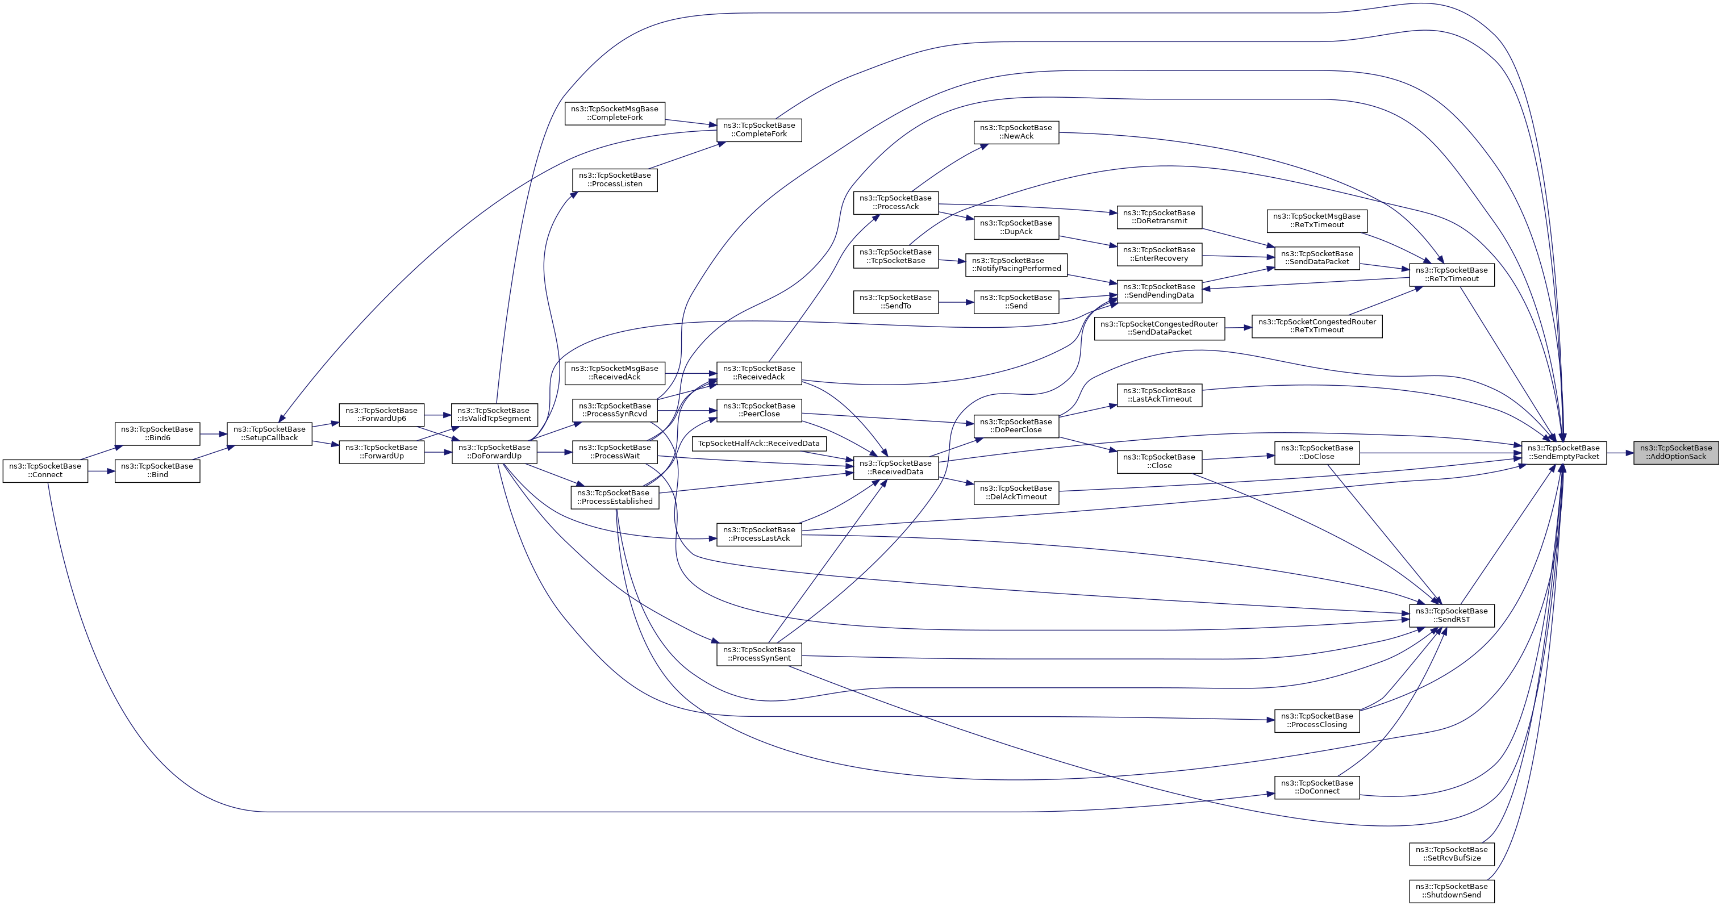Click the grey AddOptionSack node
pos(1675,452)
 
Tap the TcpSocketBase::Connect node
pos(45,470)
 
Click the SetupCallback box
pos(269,433)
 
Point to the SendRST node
pos(1451,615)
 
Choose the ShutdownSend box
pos(1451,891)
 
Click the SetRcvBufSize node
pos(1451,854)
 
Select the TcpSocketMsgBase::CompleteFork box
pos(614,113)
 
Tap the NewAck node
pos(1016,132)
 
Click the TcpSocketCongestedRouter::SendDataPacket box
pos(1159,328)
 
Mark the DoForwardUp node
pos(494,452)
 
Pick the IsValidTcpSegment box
pos(494,415)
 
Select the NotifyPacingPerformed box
pos(1016,265)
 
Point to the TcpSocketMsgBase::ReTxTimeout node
pos(1316,220)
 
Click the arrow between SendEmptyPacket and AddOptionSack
pos(1620,452)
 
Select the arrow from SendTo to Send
pos(956,302)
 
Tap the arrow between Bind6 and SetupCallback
pos(213,433)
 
